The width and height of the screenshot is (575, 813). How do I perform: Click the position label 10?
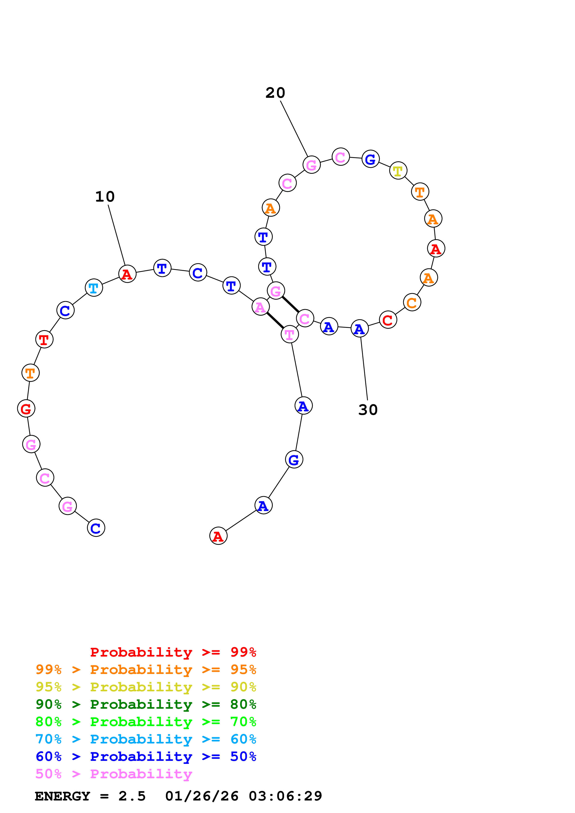click(105, 197)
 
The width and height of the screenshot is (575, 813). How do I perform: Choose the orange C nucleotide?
click(412, 302)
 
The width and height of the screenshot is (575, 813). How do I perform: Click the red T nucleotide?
click(44, 339)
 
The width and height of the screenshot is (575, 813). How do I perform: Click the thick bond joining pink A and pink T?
click(275, 321)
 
